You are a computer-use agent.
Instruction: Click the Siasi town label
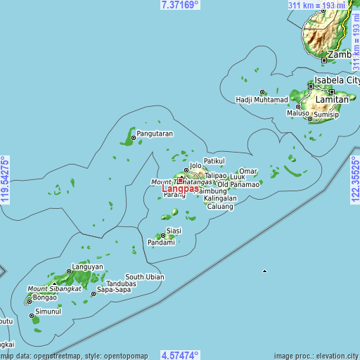[x=174, y=230]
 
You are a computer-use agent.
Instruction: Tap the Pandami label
[x=161, y=243]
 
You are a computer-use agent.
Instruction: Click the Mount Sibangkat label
[x=54, y=289]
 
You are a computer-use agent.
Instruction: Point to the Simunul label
[x=49, y=311]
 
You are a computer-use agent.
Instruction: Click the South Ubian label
[x=145, y=277]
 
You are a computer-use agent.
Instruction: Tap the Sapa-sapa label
[x=114, y=289]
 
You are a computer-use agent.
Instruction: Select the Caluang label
[x=219, y=207]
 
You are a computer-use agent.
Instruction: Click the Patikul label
[x=214, y=160]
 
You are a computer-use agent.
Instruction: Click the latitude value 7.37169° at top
[x=180, y=4]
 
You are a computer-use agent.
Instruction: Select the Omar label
[x=248, y=171]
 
